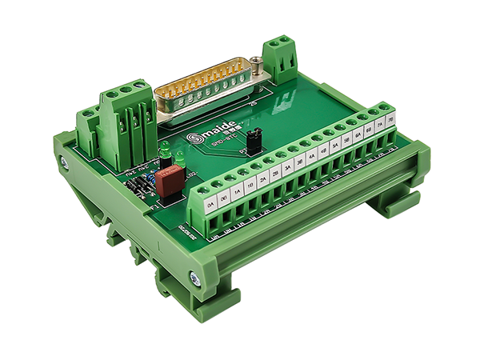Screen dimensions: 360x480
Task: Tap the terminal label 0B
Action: [225, 198]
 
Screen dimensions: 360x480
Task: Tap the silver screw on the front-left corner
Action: [194, 278]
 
